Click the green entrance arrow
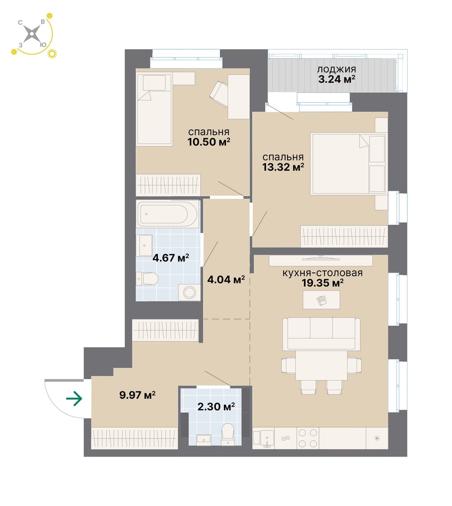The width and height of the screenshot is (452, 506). [74, 398]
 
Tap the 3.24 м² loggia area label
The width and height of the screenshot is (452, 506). [336, 79]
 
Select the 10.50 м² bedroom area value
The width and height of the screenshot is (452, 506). [209, 142]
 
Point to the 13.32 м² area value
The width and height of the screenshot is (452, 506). [283, 167]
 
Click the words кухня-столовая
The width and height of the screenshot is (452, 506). [322, 273]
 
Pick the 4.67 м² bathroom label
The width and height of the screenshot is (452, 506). [171, 258]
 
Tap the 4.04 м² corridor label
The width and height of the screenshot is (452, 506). [226, 280]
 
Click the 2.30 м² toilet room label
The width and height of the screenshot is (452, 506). [216, 406]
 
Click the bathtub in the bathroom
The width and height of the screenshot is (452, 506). [167, 214]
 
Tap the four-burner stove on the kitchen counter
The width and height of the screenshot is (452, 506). [308, 438]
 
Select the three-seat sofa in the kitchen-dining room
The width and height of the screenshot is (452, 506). [321, 334]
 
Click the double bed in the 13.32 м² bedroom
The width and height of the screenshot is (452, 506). [348, 164]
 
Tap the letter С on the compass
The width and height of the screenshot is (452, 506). [20, 23]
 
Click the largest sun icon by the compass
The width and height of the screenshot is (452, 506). [52, 54]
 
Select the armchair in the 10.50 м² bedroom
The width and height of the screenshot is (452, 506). [219, 94]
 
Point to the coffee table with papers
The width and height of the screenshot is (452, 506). [321, 300]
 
